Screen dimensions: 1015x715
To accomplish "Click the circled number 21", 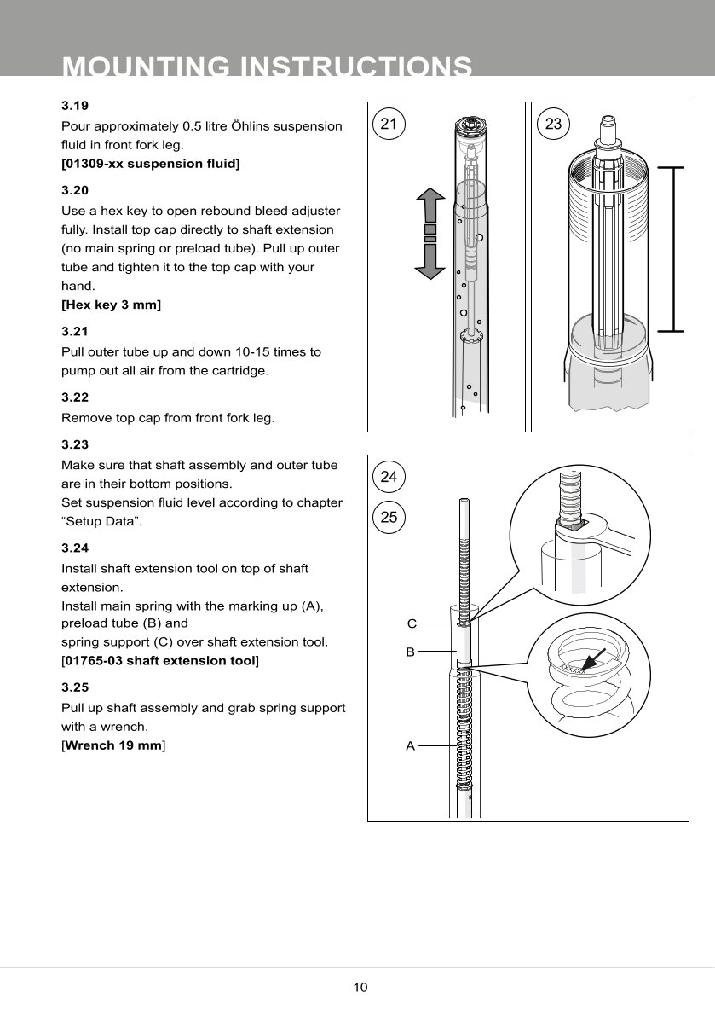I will (x=389, y=124).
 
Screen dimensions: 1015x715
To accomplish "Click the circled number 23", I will (x=553, y=124).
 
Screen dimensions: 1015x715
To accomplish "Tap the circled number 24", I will (x=389, y=477).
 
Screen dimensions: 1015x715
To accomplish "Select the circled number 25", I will (x=389, y=517).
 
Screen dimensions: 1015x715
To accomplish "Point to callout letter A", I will (x=410, y=746).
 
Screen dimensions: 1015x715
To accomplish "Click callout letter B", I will (x=410, y=652).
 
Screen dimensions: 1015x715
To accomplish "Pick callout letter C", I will (x=411, y=623).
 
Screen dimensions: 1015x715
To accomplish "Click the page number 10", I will (x=360, y=988).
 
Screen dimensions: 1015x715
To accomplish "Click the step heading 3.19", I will (x=75, y=107).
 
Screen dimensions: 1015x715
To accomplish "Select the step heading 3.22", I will (x=75, y=397).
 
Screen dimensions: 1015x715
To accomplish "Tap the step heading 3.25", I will (x=75, y=687).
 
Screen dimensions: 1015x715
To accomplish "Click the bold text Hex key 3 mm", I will (x=112, y=304).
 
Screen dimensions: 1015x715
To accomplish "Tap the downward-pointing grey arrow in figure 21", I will (x=430, y=261).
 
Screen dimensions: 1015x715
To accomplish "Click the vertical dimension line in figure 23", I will (x=673, y=248).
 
